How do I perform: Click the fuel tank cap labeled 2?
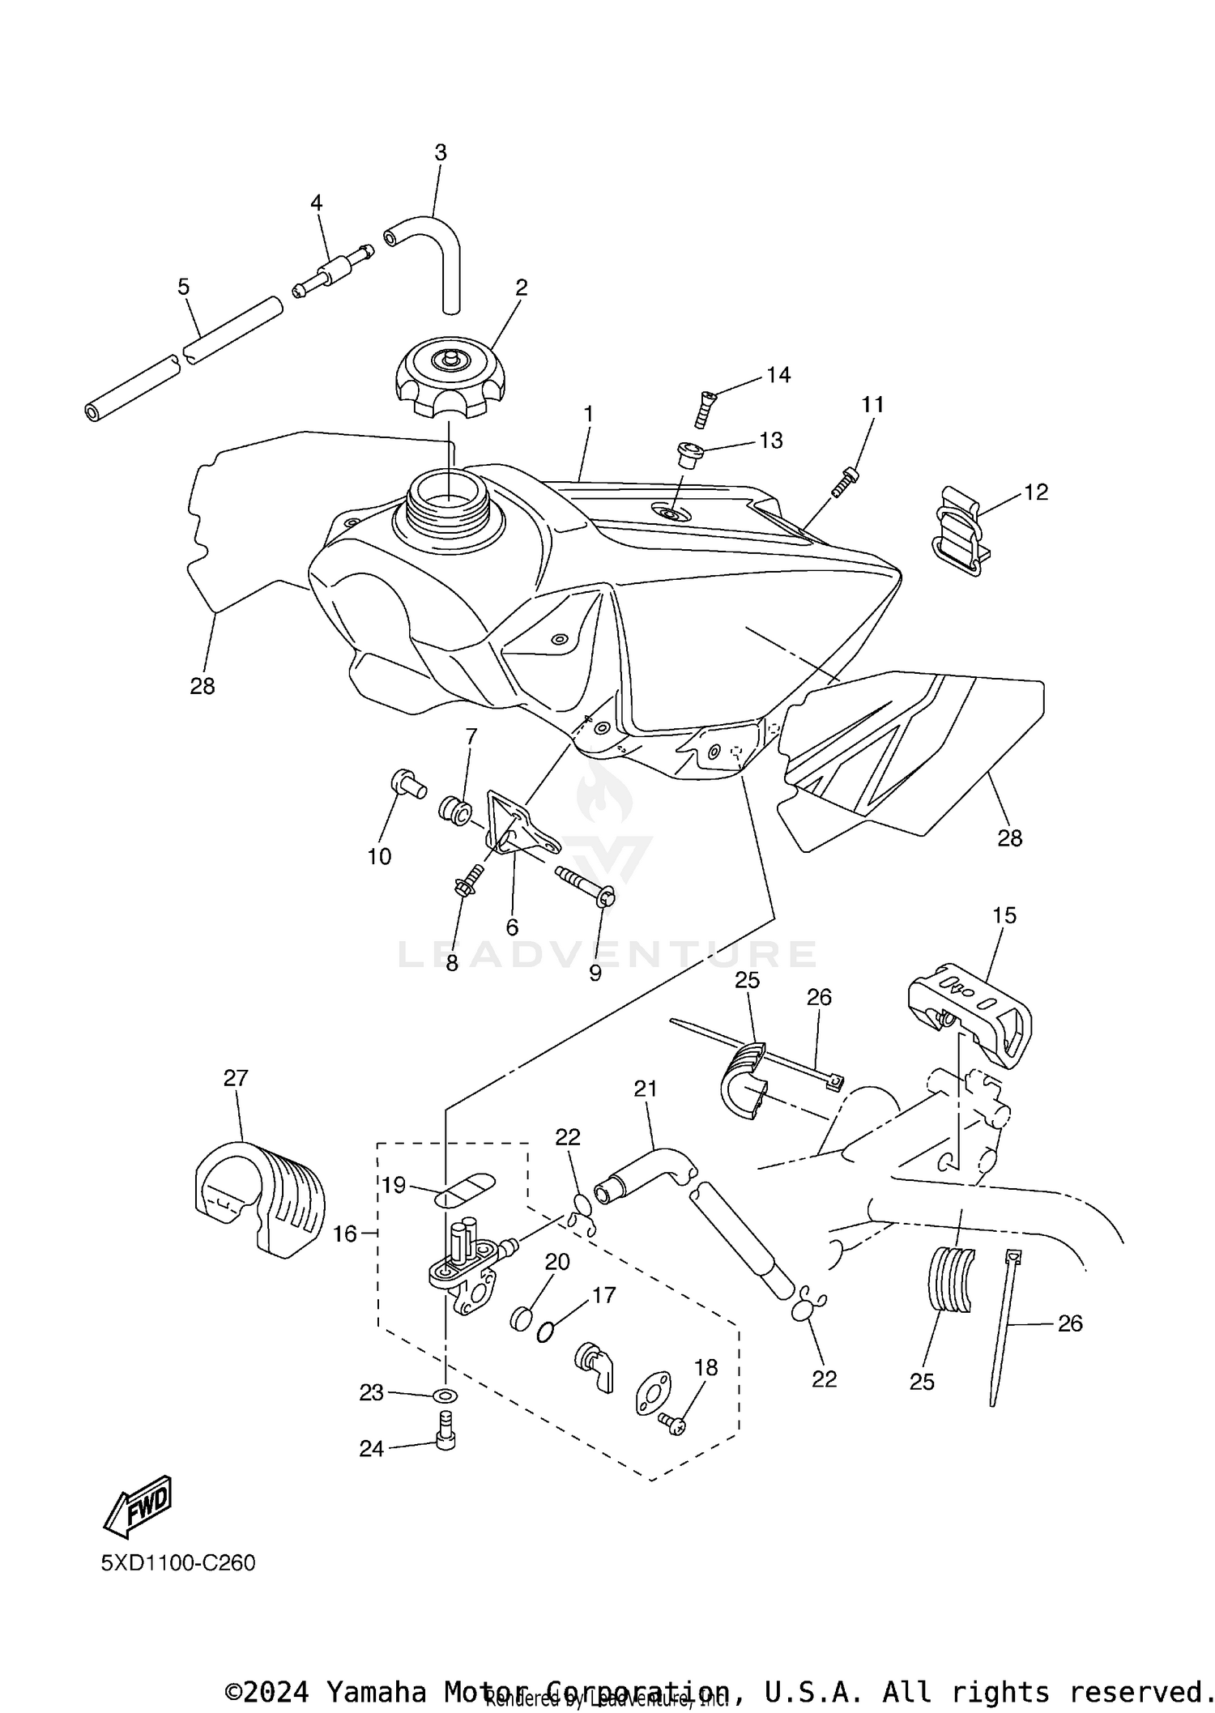(x=448, y=377)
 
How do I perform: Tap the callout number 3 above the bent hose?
(x=440, y=152)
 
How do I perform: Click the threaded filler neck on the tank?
(x=447, y=497)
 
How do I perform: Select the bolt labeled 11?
(x=844, y=482)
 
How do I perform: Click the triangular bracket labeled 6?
(x=518, y=826)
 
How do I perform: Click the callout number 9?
(x=595, y=974)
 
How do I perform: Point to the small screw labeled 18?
(x=673, y=1421)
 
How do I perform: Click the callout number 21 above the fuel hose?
(x=646, y=1089)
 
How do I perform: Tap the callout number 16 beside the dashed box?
(x=344, y=1234)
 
